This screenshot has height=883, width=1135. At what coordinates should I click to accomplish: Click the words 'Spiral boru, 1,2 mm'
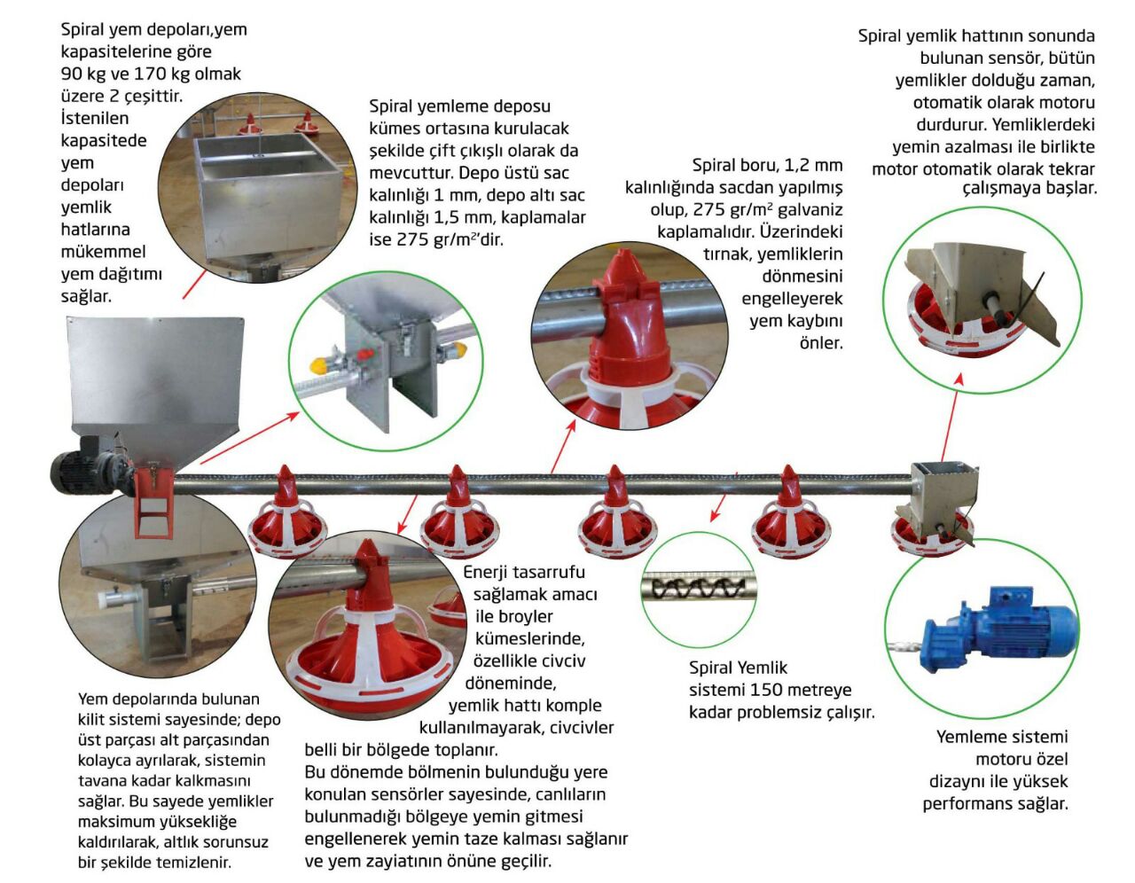pos(767,165)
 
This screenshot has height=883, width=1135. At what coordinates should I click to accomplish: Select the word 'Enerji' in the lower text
pos(488,572)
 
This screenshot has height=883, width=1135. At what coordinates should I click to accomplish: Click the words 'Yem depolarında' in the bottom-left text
pos(143,699)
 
